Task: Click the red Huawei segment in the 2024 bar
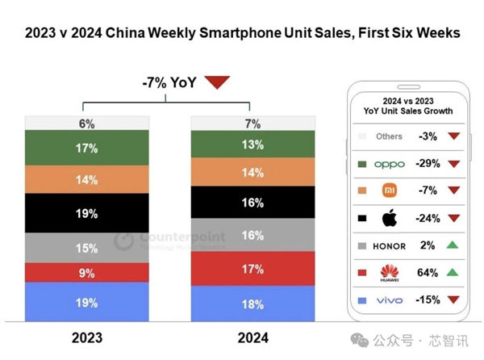click(x=252, y=268)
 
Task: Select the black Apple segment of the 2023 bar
click(x=87, y=214)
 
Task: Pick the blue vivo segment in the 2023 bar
click(x=87, y=303)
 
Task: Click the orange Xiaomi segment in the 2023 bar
click(x=87, y=180)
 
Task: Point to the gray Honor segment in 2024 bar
click(x=252, y=235)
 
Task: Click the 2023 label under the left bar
click(x=87, y=337)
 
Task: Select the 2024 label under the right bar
click(x=252, y=337)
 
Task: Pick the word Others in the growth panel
click(x=389, y=136)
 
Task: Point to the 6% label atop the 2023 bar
click(x=87, y=123)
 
